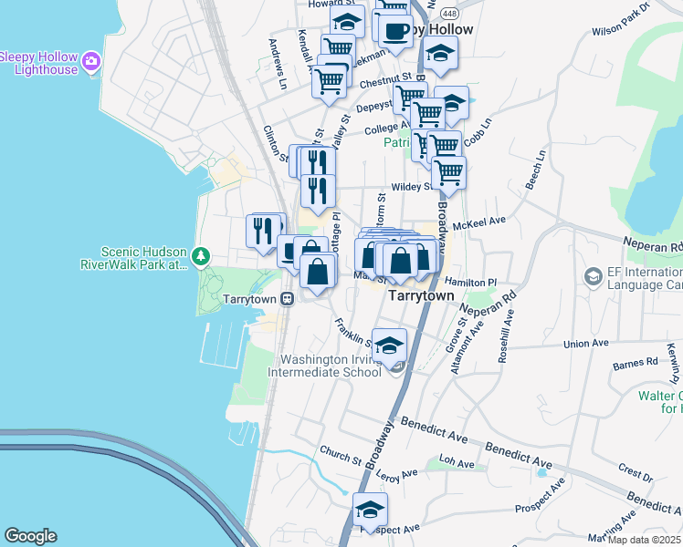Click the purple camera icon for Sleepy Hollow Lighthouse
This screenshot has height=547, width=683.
point(90,62)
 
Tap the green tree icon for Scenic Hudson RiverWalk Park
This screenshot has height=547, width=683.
point(204,258)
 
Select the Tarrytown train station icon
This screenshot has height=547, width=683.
point(287,298)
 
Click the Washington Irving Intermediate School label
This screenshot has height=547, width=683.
point(324,366)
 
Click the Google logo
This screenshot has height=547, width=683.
point(30,536)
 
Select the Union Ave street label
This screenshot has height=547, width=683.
point(585,344)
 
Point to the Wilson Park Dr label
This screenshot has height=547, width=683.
point(620,19)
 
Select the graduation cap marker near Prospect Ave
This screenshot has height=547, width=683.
point(370,510)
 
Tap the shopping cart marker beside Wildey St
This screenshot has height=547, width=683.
point(448,171)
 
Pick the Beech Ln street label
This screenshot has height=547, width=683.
point(535,169)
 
